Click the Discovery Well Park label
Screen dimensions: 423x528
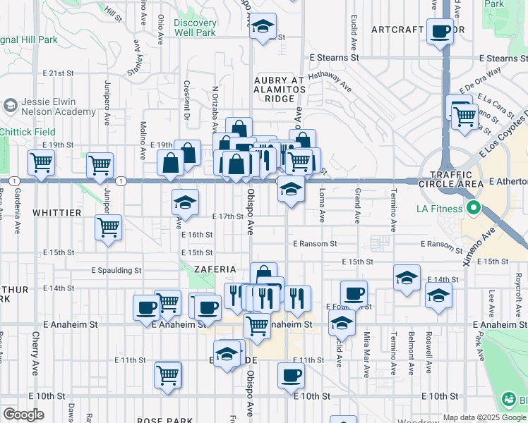click(x=195, y=27)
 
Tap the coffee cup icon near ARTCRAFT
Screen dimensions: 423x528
click(x=441, y=32)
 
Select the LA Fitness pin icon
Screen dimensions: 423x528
click(x=474, y=208)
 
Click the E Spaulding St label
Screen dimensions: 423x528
click(x=116, y=270)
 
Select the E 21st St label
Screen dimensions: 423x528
click(x=58, y=73)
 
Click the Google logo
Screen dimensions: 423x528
click(x=23, y=415)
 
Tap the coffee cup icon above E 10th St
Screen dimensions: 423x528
click(x=290, y=375)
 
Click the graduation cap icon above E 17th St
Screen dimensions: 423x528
click(x=185, y=203)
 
